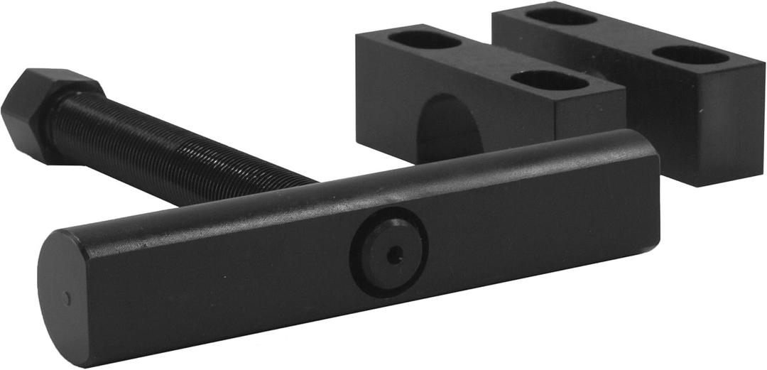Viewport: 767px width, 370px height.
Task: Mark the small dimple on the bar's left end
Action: [x=67, y=298]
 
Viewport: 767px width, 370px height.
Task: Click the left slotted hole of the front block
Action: [x=425, y=40]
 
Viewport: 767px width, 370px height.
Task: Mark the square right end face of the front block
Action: [x=589, y=114]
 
